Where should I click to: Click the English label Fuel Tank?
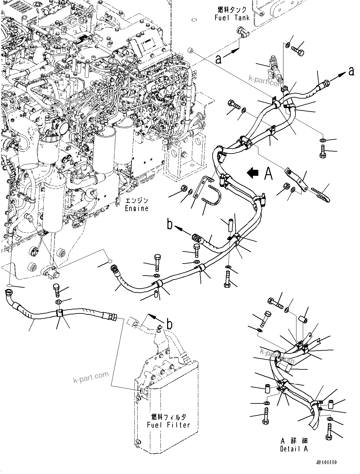[x=232, y=18]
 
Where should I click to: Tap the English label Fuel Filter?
[x=168, y=425]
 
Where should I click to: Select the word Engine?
[x=137, y=209]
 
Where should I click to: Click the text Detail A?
[x=294, y=449]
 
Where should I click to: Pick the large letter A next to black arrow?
[x=268, y=174]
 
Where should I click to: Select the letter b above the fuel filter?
[x=170, y=325]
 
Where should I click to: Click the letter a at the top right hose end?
[x=351, y=71]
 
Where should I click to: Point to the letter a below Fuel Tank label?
[x=218, y=59]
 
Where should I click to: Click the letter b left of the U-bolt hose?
[x=170, y=224]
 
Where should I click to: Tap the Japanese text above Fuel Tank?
[x=232, y=10]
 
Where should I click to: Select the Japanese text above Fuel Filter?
[x=168, y=417]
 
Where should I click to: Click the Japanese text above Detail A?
[x=294, y=441]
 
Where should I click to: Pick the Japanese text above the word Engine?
[x=137, y=201]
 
